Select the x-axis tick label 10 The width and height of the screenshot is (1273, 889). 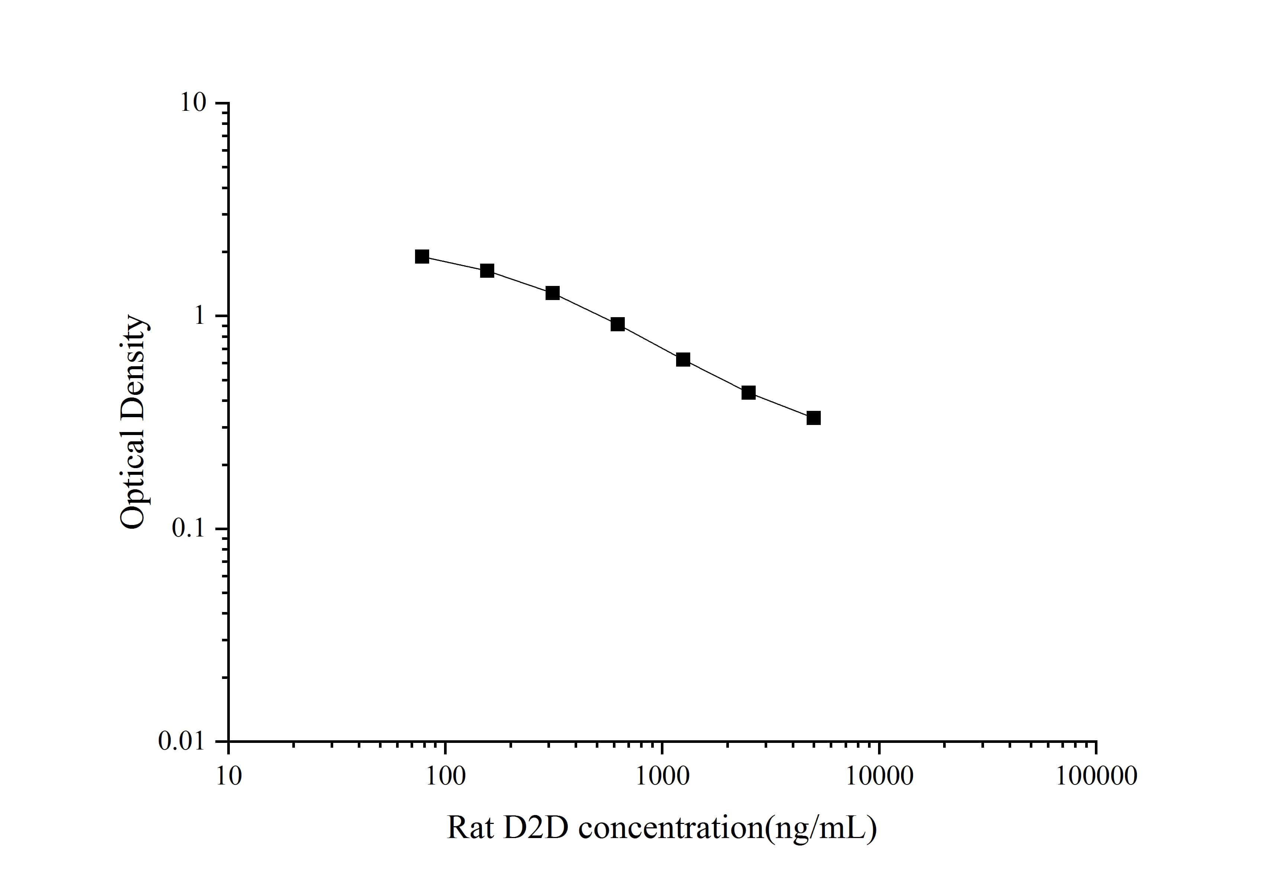coord(228,776)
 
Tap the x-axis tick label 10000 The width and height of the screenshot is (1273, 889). coord(879,776)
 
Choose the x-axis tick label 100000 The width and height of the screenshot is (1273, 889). coord(1096,776)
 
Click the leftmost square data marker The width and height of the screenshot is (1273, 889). coord(422,256)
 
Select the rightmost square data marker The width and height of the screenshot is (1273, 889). coord(813,418)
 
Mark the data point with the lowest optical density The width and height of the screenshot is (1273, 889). coord(813,418)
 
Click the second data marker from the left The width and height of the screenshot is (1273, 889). coord(487,270)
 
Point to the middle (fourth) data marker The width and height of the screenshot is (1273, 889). coord(618,324)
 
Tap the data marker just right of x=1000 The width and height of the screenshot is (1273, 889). coord(683,360)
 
